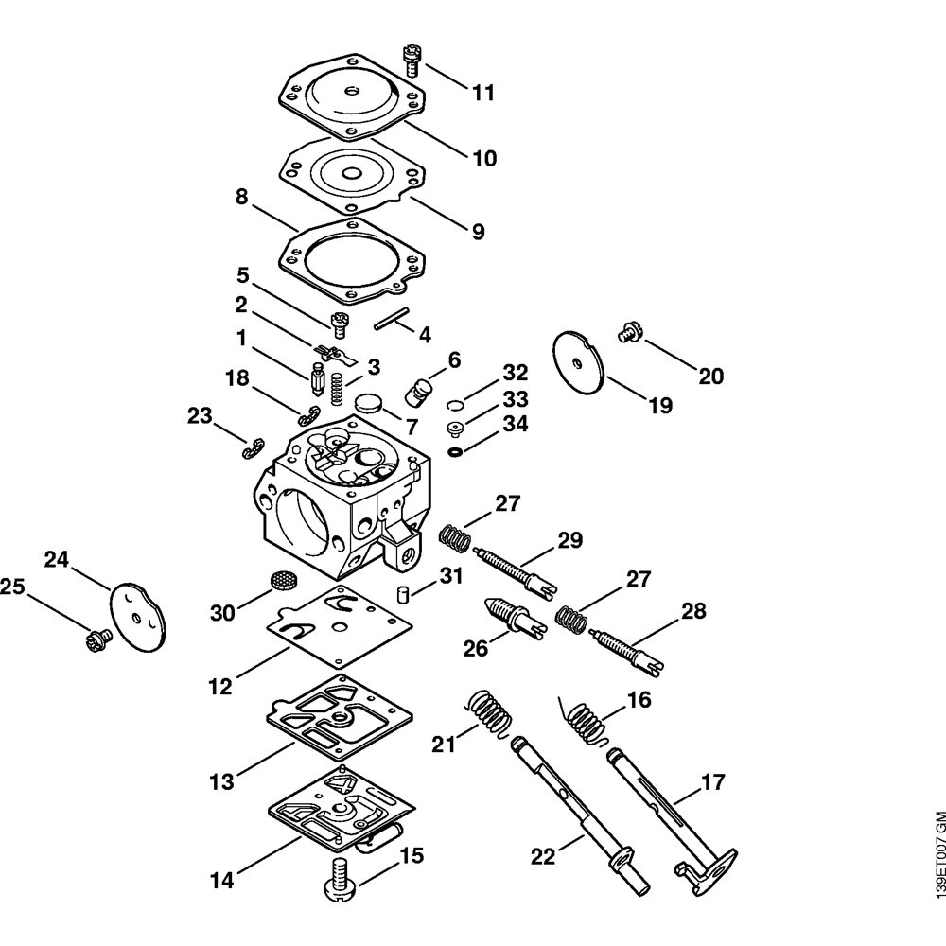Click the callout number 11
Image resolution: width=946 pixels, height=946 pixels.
pos(483,93)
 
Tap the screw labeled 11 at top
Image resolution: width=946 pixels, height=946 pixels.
pos(412,59)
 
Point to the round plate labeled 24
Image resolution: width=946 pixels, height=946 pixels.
pos(137,615)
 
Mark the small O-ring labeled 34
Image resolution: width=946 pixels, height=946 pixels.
pos(456,452)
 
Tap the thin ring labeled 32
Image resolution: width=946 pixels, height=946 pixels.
pos(454,405)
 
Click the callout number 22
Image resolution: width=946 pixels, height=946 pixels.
pos(541,857)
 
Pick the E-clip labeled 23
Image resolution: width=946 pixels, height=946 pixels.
pos(252,447)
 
